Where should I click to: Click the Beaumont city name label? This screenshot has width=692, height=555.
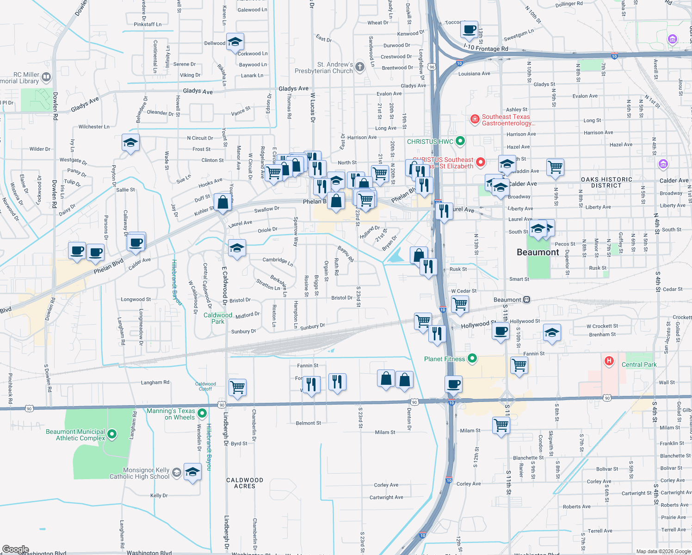(538, 253)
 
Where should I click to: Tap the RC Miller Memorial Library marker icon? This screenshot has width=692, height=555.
(46, 77)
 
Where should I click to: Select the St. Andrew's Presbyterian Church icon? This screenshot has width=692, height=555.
(360, 68)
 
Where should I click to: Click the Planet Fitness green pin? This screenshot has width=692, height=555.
(472, 358)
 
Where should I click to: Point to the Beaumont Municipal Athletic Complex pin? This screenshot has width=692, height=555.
(112, 435)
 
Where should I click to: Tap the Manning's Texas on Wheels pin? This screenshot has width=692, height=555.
(202, 413)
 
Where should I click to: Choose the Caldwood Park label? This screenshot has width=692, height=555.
(218, 318)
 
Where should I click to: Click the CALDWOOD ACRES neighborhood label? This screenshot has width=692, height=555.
(245, 483)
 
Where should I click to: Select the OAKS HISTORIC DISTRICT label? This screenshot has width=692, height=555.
(606, 182)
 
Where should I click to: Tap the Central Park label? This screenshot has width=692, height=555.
(639, 364)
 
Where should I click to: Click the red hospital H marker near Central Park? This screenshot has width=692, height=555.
(609, 361)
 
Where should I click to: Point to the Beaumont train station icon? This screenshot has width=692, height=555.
(526, 300)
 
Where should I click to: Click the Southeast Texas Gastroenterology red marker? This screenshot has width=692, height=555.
(475, 120)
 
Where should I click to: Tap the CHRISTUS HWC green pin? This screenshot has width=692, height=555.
(460, 141)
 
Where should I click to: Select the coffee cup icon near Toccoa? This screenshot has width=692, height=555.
(470, 30)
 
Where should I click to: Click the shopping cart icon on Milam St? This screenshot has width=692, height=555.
(501, 425)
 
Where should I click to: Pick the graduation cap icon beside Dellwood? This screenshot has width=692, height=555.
(235, 43)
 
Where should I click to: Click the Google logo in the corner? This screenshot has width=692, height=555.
(15, 549)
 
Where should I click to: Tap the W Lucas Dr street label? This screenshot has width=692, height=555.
(313, 107)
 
